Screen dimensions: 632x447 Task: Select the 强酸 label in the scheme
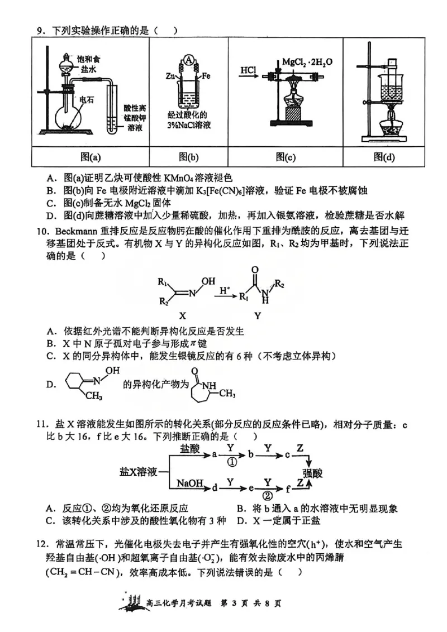(313, 472)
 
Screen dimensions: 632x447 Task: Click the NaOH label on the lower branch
(189, 482)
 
